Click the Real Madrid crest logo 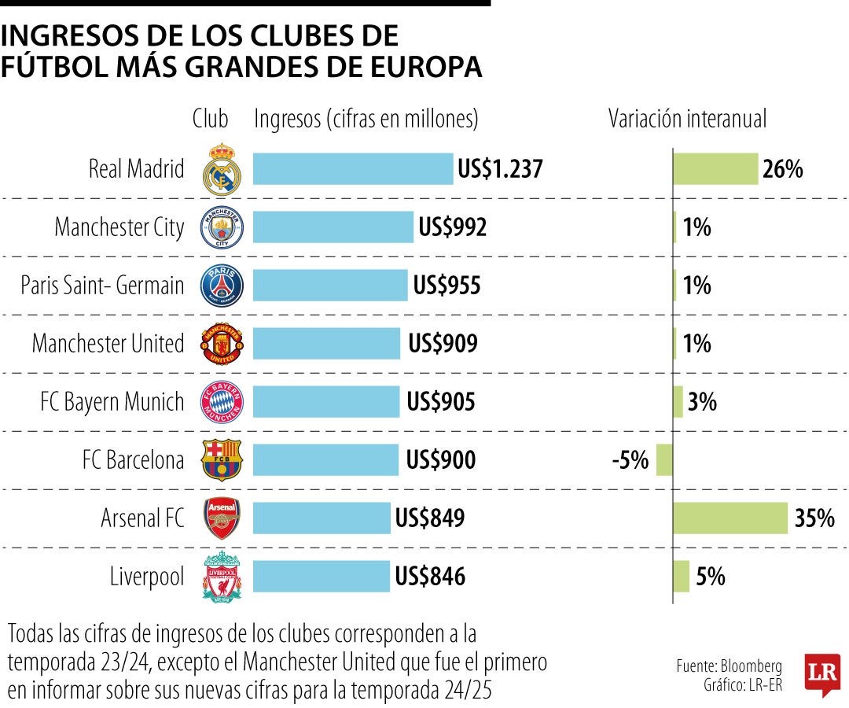tap(222, 169)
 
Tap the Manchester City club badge tap(222, 227)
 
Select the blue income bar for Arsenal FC tap(322, 518)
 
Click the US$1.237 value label tap(500, 169)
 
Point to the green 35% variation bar tap(730, 518)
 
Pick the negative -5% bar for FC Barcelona tap(664, 460)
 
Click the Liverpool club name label tap(147, 577)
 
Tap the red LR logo tap(822, 674)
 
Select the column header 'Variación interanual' tap(687, 119)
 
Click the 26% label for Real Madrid tap(782, 169)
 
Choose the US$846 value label tap(430, 577)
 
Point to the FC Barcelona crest tap(222, 460)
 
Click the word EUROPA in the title tap(425, 67)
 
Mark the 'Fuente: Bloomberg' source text tap(729, 666)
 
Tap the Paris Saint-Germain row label tap(102, 286)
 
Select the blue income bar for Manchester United tap(326, 344)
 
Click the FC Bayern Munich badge tap(222, 402)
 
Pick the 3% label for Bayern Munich tap(702, 402)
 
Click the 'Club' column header tap(210, 119)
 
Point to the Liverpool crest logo tap(222, 577)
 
